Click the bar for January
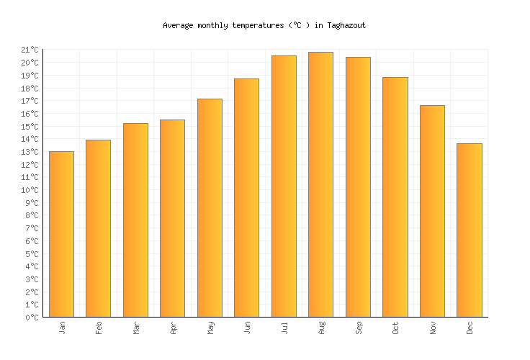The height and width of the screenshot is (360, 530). click(61, 234)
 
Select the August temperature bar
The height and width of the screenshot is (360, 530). click(320, 184)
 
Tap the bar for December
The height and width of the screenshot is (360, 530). click(469, 230)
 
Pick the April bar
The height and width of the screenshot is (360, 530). click(172, 218)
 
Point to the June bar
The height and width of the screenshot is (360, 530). click(246, 197)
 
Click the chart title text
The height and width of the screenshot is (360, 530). click(264, 25)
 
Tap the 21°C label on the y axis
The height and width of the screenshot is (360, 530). click(30, 50)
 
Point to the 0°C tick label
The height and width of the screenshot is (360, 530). click(32, 318)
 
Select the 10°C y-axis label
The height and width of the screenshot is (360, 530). click(30, 190)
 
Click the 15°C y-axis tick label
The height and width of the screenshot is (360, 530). click(30, 126)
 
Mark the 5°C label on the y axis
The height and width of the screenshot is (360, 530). click(32, 253)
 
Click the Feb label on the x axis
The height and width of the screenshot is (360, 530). click(99, 327)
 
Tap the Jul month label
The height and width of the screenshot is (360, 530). click(284, 327)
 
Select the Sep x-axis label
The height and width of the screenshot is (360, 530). click(359, 327)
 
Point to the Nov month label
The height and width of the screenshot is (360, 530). click(433, 327)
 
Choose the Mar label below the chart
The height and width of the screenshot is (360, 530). click(136, 327)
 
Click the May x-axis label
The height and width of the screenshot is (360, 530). click(210, 327)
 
